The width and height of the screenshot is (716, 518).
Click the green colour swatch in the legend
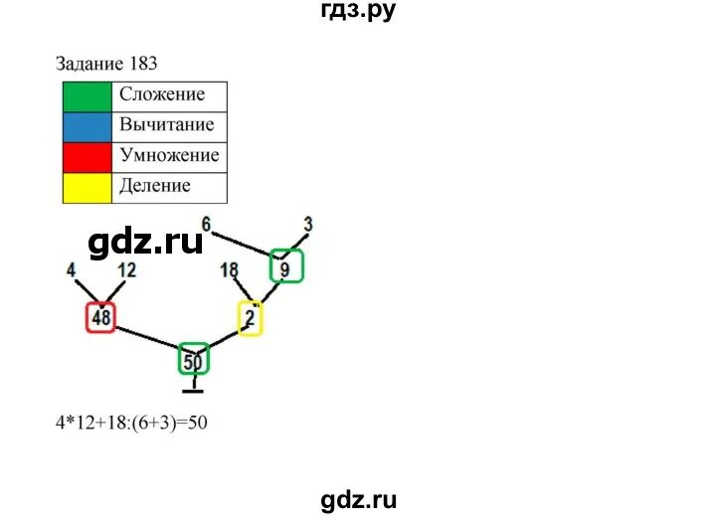pyautogui.click(x=87, y=96)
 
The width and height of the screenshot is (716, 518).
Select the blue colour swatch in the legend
pyautogui.click(x=87, y=126)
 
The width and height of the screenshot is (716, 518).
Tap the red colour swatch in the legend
pyautogui.click(x=87, y=157)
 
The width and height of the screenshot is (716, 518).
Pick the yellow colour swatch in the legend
pyautogui.click(x=87, y=187)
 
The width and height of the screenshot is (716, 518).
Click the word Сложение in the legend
pyautogui.click(x=162, y=95)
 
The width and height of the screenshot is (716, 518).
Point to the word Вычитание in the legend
pyautogui.click(x=166, y=125)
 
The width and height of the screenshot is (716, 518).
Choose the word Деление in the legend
pyautogui.click(x=155, y=186)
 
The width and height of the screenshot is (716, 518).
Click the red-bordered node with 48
pyautogui.click(x=100, y=317)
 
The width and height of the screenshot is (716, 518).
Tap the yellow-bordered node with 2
pyautogui.click(x=250, y=318)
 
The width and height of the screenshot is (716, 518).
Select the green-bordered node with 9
pyautogui.click(x=286, y=266)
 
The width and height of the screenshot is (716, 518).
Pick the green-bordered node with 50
pyautogui.click(x=193, y=360)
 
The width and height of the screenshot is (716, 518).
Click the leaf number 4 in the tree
pyautogui.click(x=71, y=269)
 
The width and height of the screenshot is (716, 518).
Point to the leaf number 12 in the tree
pyautogui.click(x=126, y=269)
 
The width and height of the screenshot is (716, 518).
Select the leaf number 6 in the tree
pyautogui.click(x=207, y=223)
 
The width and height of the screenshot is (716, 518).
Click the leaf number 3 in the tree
pyautogui.click(x=308, y=224)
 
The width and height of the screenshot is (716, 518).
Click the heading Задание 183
pyautogui.click(x=107, y=64)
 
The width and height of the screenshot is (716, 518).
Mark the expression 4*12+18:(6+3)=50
pyautogui.click(x=132, y=422)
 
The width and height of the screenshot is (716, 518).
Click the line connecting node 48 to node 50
pyautogui.click(x=147, y=338)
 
